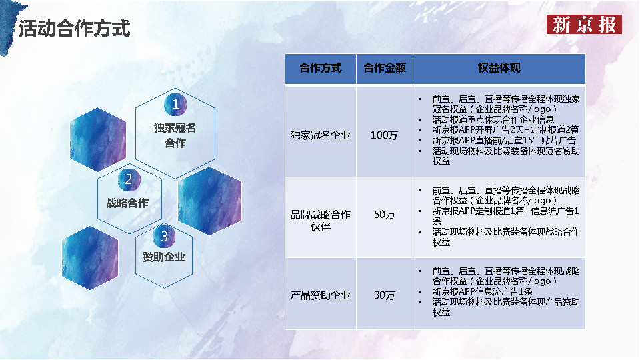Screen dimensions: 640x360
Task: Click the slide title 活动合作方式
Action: pyautogui.click(x=74, y=29)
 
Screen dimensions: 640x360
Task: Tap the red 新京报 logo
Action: pyautogui.click(x=584, y=25)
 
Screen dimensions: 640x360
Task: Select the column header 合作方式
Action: pyautogui.click(x=320, y=68)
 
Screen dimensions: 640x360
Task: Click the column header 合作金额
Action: pyautogui.click(x=384, y=68)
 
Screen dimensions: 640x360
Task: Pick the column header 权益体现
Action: pyautogui.click(x=499, y=68)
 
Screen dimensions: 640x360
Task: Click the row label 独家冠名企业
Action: pyautogui.click(x=320, y=135)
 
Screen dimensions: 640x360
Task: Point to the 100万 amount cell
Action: pyautogui.click(x=384, y=135)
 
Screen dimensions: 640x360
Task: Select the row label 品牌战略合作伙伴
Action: pyautogui.click(x=320, y=221)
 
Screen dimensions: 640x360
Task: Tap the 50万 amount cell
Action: pyautogui.click(x=384, y=215)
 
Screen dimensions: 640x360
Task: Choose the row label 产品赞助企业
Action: pyautogui.click(x=320, y=295)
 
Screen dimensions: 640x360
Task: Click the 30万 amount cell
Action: pyautogui.click(x=384, y=295)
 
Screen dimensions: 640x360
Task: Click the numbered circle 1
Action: pyautogui.click(x=175, y=105)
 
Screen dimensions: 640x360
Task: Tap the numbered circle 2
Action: pyautogui.click(x=129, y=179)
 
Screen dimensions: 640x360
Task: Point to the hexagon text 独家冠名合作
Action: pyautogui.click(x=175, y=135)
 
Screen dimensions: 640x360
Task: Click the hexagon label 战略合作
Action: pyautogui.click(x=127, y=203)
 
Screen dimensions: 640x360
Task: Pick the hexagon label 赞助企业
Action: pyautogui.click(x=164, y=257)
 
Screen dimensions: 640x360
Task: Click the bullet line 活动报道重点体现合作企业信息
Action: pyautogui.click(x=493, y=120)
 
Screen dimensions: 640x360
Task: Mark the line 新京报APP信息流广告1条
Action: pyautogui.click(x=482, y=292)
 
